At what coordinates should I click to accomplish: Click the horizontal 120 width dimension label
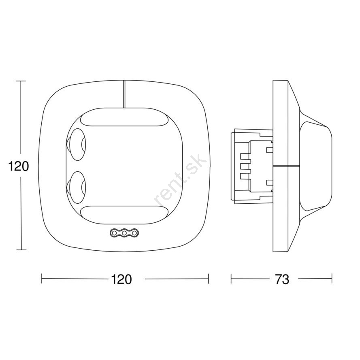tap(121, 279)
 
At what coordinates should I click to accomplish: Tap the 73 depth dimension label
tap(282, 279)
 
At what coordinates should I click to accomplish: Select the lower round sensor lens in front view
tap(76, 187)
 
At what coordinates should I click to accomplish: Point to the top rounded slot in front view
tap(124, 117)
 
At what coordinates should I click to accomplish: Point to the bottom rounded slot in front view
tap(124, 215)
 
